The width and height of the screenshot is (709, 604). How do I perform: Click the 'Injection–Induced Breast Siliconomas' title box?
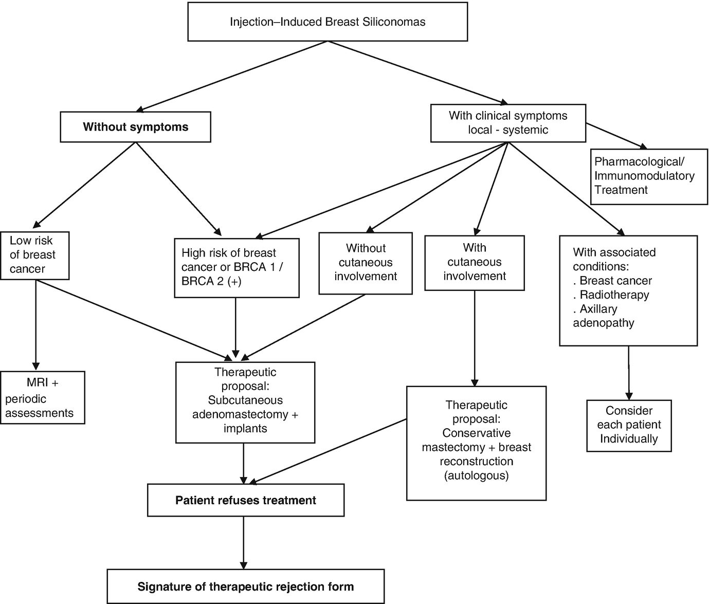[328, 22]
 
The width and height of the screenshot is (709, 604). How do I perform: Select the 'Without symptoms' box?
[135, 127]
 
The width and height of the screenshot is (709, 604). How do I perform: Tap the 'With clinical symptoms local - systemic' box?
[508, 123]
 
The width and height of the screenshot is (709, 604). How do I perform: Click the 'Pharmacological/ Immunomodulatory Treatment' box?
[649, 176]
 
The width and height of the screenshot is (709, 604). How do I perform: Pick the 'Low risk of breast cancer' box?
[34, 255]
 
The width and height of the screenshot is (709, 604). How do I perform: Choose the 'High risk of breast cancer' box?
[237, 267]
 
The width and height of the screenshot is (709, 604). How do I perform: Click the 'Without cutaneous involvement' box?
[366, 263]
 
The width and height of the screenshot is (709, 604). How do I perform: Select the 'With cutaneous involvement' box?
[475, 262]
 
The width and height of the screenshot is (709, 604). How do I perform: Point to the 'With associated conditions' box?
[628, 290]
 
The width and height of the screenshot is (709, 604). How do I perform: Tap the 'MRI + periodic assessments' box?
[42, 398]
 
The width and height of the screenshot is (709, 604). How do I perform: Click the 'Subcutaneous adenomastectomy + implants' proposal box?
[245, 402]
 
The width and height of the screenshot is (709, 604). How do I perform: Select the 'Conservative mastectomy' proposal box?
[476, 443]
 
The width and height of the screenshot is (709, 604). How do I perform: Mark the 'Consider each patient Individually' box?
[629, 425]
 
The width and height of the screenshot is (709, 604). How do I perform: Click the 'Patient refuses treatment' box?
[245, 500]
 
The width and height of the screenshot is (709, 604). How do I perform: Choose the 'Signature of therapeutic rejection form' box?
[245, 587]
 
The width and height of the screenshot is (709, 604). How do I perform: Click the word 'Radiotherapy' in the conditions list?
[614, 295]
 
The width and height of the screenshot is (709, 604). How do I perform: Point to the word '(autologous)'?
[476, 475]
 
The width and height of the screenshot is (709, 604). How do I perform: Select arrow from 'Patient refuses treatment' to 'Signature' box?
[243, 542]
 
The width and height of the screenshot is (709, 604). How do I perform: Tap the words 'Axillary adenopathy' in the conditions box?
[604, 316]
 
